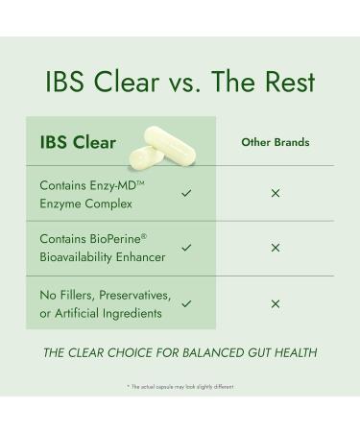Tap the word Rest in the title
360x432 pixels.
(x=286, y=82)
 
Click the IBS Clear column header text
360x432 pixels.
(x=78, y=143)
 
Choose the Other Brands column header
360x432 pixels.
(x=275, y=143)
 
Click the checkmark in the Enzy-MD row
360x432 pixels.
(x=186, y=193)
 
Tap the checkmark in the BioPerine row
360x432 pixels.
(x=186, y=248)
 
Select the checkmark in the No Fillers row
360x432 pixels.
(x=186, y=303)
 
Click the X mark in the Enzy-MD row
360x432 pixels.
(x=276, y=193)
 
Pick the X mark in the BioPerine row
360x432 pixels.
(x=276, y=248)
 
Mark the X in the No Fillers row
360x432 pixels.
(x=276, y=303)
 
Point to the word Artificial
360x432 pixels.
(x=80, y=313)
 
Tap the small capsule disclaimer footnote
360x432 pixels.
(x=180, y=387)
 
